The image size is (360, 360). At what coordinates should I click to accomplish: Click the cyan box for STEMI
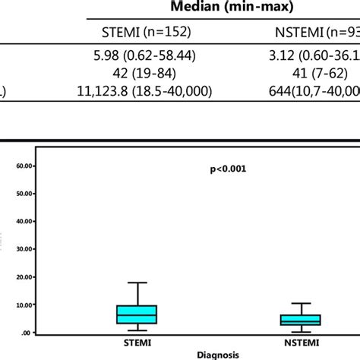point(136,314)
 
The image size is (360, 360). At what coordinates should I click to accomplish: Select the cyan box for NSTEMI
point(301,320)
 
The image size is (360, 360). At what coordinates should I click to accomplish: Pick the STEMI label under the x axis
point(136,342)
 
